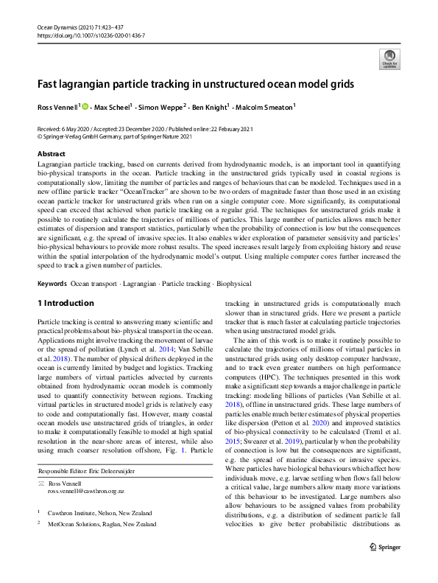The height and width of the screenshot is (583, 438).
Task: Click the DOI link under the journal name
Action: [91, 35]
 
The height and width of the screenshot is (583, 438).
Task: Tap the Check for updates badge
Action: [389, 58]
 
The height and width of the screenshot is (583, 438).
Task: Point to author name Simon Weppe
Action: [161, 108]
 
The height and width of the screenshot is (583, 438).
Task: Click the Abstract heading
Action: [51, 154]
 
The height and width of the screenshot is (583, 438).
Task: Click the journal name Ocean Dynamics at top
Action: [60, 27]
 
